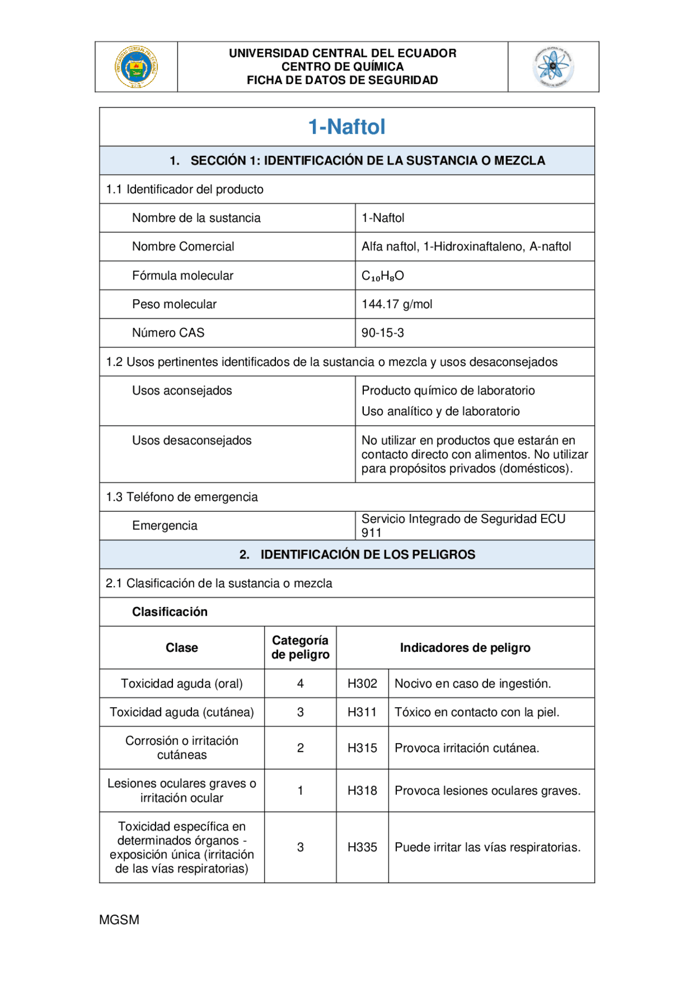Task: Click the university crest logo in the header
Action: (x=136, y=67)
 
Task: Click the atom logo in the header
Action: (x=553, y=67)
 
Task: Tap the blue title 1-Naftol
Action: (x=346, y=127)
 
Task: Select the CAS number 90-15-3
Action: (x=383, y=333)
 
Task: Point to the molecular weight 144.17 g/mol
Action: (x=397, y=304)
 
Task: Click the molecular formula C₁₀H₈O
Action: (x=383, y=276)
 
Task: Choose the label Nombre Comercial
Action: (x=183, y=246)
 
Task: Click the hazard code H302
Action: (x=362, y=683)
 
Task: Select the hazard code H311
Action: (x=362, y=712)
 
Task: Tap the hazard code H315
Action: (x=362, y=748)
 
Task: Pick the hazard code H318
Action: (x=362, y=791)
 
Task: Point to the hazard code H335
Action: (x=362, y=847)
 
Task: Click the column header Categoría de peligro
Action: (x=300, y=648)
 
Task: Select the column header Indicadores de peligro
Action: (x=465, y=648)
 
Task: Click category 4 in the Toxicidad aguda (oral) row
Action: (x=300, y=683)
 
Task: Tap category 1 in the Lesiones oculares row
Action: (x=300, y=791)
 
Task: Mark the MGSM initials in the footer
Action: (x=119, y=919)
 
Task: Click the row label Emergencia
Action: (x=165, y=525)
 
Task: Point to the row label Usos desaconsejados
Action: (x=192, y=440)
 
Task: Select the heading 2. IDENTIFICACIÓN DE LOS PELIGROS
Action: (x=357, y=554)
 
